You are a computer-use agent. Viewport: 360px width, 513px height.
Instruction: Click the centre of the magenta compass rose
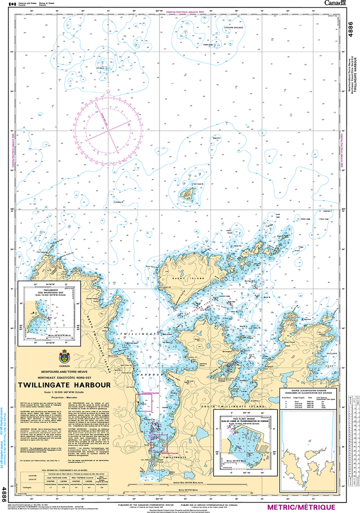pyautogui.click(x=108, y=131)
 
